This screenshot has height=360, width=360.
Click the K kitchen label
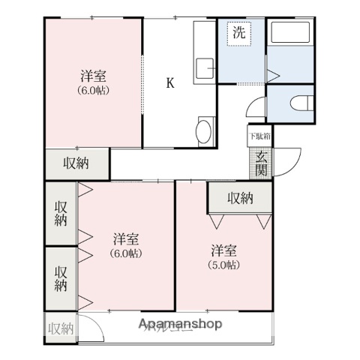pos(170,83)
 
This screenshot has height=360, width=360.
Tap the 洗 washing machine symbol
pos(238,34)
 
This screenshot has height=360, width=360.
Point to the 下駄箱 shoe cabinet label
pos(260,136)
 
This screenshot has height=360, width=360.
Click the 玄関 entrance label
pos(261,163)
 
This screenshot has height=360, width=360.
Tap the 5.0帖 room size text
pos(223,265)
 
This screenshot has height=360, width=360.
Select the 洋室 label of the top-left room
pos(94,76)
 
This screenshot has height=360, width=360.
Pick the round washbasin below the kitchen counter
pos(203,132)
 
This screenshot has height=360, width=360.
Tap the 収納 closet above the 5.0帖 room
pos(240,198)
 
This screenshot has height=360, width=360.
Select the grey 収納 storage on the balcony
pos(61,328)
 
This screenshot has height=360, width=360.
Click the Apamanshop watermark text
pos(180,324)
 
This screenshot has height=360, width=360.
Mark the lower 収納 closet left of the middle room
pos(61,277)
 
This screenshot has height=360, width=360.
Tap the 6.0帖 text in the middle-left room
pos(125,253)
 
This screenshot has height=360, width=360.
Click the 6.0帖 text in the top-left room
pos(94,90)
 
